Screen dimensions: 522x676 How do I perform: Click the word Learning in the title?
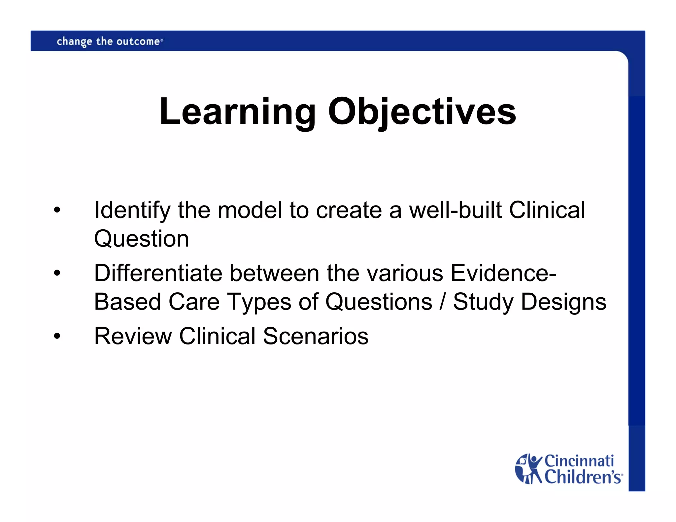tap(237, 112)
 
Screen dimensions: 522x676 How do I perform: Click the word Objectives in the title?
tap(422, 112)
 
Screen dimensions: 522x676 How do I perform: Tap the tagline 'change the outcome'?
tap(109, 42)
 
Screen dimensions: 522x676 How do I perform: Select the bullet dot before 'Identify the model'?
tap(57, 211)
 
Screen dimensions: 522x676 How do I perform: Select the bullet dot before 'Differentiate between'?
tap(57, 274)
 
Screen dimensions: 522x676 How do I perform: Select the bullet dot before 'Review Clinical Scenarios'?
tap(57, 337)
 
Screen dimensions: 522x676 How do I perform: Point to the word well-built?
tap(455, 210)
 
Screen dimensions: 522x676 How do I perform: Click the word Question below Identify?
tap(141, 239)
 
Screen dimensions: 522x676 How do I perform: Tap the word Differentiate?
tap(158, 273)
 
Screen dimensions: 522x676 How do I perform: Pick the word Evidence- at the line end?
tap(503, 273)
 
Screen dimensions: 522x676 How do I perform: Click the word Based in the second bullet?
tap(127, 302)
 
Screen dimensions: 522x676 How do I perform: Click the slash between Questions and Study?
tap(442, 302)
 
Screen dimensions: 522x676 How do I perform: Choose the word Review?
tap(133, 336)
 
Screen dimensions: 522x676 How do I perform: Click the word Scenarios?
tap(316, 336)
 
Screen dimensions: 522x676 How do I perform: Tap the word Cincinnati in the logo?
tap(579, 461)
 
